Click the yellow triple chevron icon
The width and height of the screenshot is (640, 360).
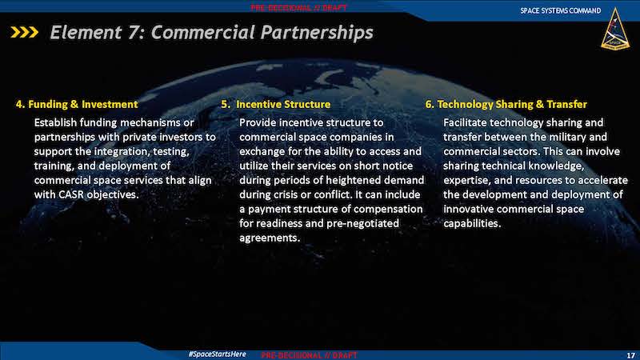[x=25, y=32]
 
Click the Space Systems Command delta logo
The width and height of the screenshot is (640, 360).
[x=615, y=30]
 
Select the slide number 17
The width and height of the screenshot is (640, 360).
[x=630, y=356]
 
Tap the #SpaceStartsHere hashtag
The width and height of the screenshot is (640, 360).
[x=217, y=354]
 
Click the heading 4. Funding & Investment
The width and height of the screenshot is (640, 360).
[x=77, y=104]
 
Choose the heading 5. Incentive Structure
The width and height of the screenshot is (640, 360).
[x=276, y=104]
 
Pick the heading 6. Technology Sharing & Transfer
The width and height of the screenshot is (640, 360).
[x=506, y=105]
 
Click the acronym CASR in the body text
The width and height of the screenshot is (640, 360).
[x=71, y=194]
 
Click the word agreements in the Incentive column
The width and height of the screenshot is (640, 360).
[x=270, y=238]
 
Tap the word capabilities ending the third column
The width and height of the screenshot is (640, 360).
[x=472, y=224]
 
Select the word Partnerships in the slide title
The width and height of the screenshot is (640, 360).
[x=317, y=33]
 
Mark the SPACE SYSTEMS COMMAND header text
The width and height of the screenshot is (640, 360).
[x=561, y=10]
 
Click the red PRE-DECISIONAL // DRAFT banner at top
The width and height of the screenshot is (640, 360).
[x=298, y=8]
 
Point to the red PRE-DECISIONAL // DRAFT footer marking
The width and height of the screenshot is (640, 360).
[x=309, y=355]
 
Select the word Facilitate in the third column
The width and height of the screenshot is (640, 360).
[x=465, y=122]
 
